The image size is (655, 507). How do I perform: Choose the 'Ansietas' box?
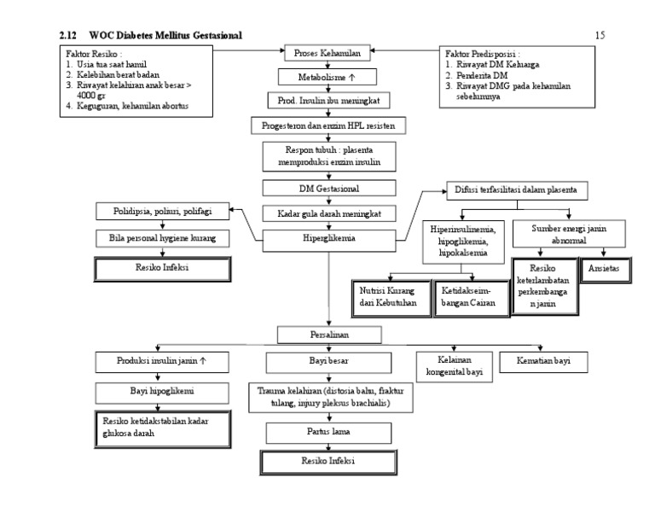(606, 267)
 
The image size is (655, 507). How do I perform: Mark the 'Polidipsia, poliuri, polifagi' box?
(162, 211)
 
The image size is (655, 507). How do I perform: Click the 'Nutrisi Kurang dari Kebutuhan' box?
(389, 297)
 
